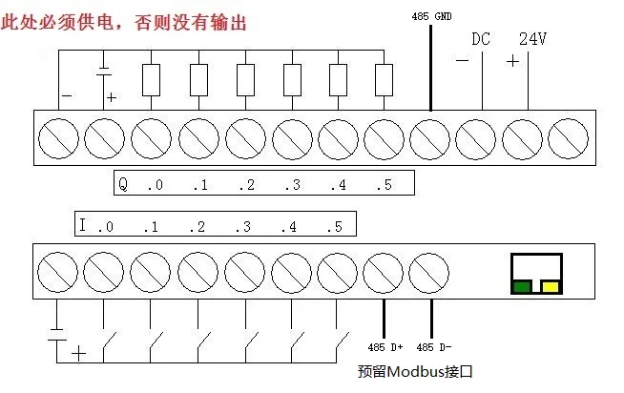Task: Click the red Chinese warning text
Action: click(x=124, y=22)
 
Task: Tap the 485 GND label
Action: click(x=431, y=17)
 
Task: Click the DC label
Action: click(x=481, y=39)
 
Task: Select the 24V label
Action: click(x=532, y=39)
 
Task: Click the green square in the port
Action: click(x=523, y=287)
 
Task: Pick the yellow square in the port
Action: click(x=551, y=287)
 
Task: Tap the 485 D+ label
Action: click(x=385, y=347)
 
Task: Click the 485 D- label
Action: click(x=434, y=347)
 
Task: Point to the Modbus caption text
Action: click(x=415, y=371)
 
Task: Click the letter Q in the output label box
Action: click(x=123, y=184)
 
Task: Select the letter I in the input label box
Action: click(x=82, y=225)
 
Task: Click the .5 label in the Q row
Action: click(x=384, y=185)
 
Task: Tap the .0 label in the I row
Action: click(x=106, y=227)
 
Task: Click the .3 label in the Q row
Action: click(x=293, y=185)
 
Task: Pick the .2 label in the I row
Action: click(x=197, y=227)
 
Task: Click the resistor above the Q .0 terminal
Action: click(x=151, y=80)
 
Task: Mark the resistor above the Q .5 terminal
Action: click(x=384, y=80)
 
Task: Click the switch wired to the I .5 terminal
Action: click(x=343, y=341)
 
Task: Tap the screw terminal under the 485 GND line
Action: click(x=429, y=139)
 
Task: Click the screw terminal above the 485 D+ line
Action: click(x=383, y=273)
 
